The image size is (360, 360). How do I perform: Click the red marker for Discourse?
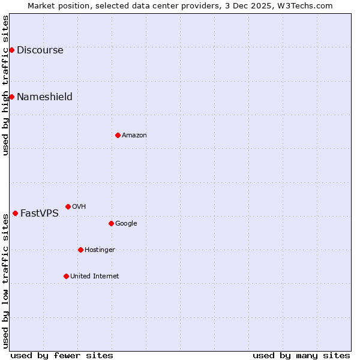[x=11, y=50]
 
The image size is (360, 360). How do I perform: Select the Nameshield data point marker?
[x=11, y=97]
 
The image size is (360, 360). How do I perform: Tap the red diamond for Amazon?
[x=118, y=135]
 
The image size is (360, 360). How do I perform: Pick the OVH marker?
[x=68, y=206]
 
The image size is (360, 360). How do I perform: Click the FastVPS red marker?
[x=15, y=213]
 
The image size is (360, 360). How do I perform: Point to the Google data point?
[x=111, y=223]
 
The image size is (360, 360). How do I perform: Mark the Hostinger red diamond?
[x=80, y=250]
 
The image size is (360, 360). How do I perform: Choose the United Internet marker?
[x=66, y=276]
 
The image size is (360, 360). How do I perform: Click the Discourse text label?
[x=40, y=50]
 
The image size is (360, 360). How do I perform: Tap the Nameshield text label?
[x=44, y=97]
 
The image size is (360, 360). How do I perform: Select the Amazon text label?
[x=134, y=136]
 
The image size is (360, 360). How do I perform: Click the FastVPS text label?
[x=40, y=214]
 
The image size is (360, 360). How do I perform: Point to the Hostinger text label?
[x=100, y=250]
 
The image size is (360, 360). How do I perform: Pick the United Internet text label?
[x=94, y=277]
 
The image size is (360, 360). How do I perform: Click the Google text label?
[x=126, y=224]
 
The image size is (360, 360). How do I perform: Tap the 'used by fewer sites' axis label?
[x=62, y=355]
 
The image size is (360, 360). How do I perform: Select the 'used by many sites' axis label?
[x=301, y=355]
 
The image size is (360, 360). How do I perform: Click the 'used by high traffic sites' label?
[x=5, y=85]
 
